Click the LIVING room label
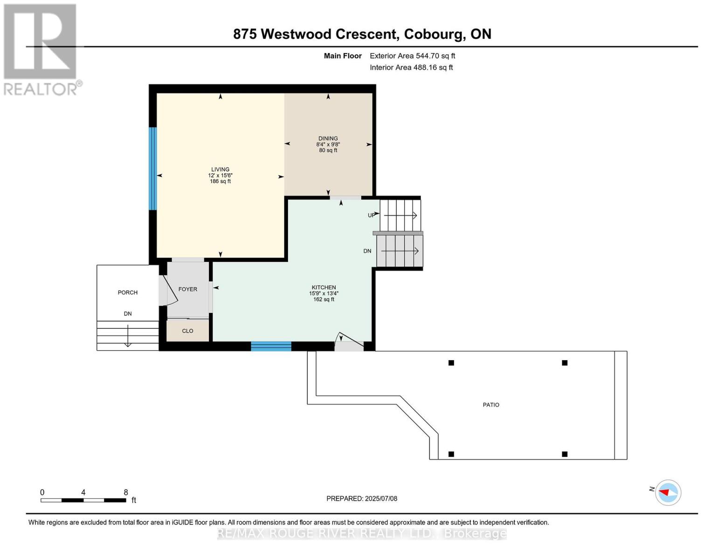click(220, 170)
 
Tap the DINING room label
click(328, 138)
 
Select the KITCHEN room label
click(324, 287)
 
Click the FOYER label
click(187, 289)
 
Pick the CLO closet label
click(187, 331)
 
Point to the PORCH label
click(127, 293)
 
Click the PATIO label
click(491, 405)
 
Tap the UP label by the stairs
click(372, 215)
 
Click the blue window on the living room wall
click(152, 169)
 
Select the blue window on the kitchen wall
click(271, 346)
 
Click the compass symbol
click(668, 492)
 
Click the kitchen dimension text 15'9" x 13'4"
click(324, 293)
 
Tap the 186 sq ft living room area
click(220, 181)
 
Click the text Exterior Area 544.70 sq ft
click(412, 56)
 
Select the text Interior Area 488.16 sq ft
click(411, 68)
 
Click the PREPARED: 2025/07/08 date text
click(362, 498)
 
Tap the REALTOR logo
click(41, 49)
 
